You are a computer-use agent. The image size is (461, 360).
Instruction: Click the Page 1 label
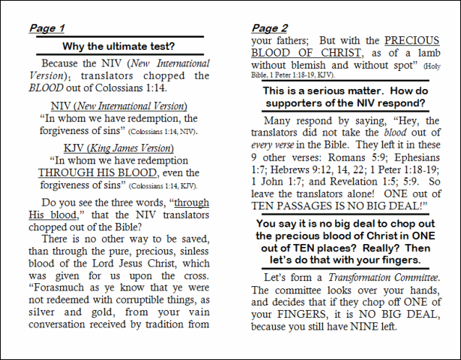[47, 28]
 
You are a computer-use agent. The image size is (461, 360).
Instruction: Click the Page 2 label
[270, 28]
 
